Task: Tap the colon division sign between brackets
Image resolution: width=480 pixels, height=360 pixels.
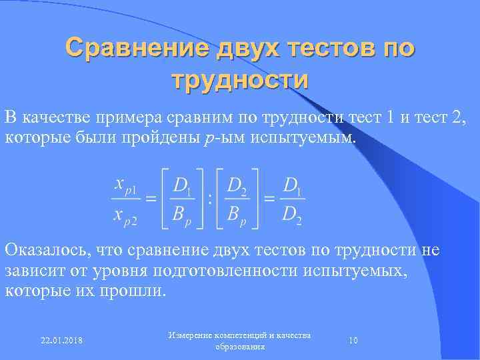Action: point(211,199)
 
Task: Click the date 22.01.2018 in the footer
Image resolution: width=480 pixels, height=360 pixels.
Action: point(61,341)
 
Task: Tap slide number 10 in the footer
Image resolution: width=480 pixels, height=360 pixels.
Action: point(353,341)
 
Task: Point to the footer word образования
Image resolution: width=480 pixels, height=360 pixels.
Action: point(240,347)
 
